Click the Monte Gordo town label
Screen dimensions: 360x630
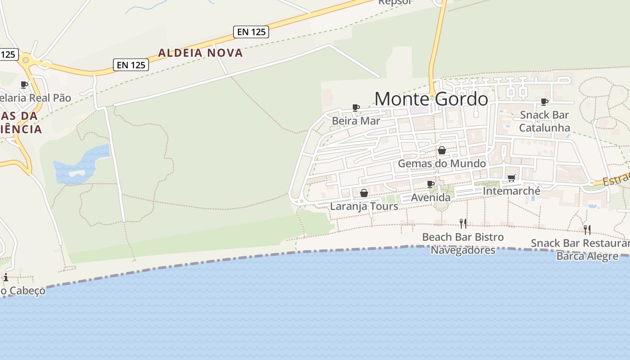[x=431, y=99]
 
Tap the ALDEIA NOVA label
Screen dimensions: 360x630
[x=200, y=53]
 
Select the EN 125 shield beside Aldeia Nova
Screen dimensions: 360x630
[x=131, y=65]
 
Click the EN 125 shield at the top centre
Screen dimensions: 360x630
[x=251, y=31]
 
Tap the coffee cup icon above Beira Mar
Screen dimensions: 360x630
[x=355, y=108]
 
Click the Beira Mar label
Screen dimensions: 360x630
[x=355, y=121]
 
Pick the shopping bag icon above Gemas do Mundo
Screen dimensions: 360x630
[x=442, y=150]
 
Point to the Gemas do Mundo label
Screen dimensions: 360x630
[x=442, y=163]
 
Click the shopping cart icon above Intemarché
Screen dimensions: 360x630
[x=511, y=178]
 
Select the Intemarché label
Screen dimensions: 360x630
[x=511, y=191]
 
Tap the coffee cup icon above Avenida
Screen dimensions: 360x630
[x=430, y=184]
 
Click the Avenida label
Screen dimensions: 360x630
[x=430, y=198]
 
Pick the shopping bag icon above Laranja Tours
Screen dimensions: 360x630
[x=364, y=193]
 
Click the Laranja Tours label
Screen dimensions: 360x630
[x=364, y=206]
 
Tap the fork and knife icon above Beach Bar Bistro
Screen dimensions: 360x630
[x=463, y=223]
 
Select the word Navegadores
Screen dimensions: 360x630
[x=463, y=250]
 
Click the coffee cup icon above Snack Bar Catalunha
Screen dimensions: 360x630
[x=544, y=102]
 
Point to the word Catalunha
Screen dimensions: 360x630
[x=544, y=127]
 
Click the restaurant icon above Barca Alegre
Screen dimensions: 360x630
[x=587, y=230]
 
